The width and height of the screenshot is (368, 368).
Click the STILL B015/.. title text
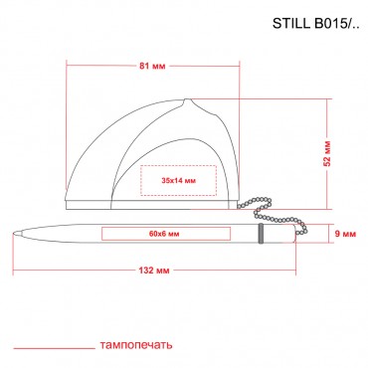315,24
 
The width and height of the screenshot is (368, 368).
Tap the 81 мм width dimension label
152,66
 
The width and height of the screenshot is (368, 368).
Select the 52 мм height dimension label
327,153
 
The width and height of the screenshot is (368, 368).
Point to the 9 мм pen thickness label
345,234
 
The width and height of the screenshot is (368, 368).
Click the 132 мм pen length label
154,271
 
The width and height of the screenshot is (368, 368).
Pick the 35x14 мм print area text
179,181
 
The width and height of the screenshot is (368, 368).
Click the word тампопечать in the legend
136,345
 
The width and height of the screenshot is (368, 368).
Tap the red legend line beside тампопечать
54,348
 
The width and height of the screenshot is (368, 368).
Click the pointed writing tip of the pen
14,234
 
